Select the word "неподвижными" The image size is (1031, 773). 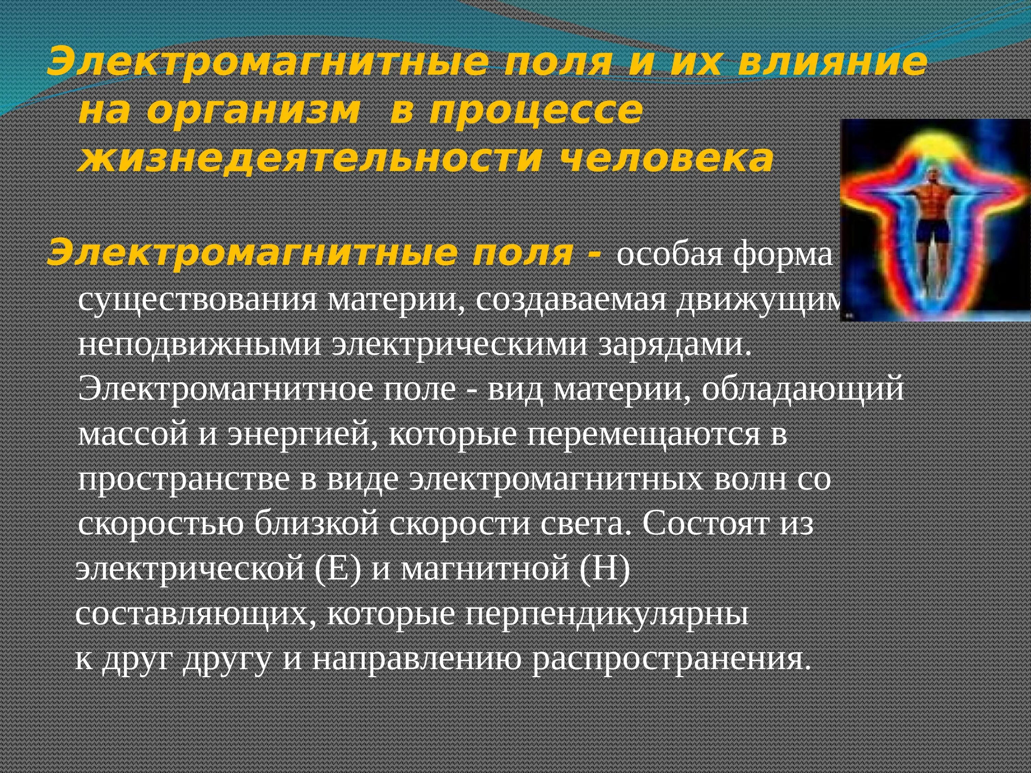coord(200,346)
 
